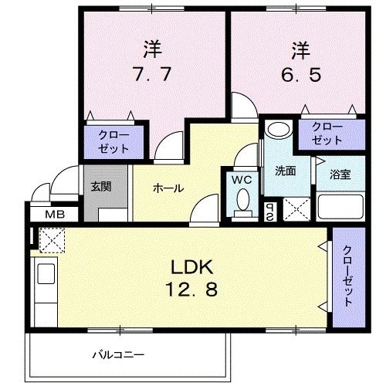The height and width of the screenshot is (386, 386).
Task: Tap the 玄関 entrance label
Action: pos(100,186)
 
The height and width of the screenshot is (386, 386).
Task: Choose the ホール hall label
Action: pos(168,188)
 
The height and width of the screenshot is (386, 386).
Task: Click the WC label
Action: pos(242,180)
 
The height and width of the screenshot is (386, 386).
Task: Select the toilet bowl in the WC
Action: pos(242,203)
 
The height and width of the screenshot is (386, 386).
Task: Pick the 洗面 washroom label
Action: pos(285,171)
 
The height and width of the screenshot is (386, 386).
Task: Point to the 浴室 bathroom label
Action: pos(340,174)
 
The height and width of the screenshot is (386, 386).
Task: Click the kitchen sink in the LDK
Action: pos(43,274)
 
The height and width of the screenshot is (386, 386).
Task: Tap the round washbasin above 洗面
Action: pos(277,129)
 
